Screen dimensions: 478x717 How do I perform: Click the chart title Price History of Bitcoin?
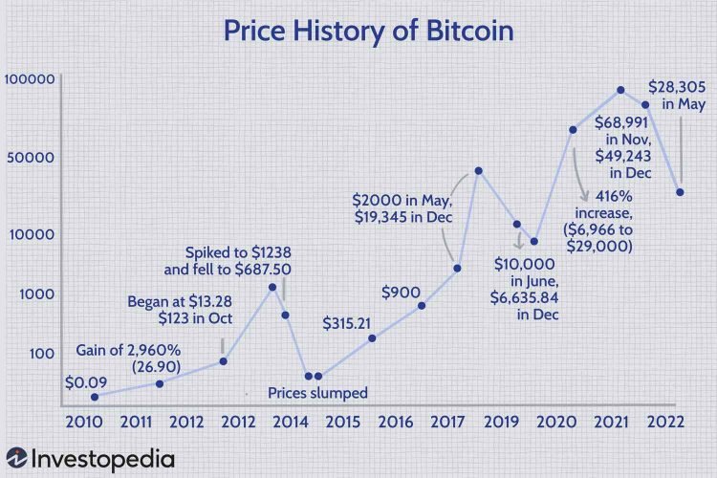[x=368, y=31]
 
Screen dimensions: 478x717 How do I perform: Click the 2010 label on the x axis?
[x=84, y=422]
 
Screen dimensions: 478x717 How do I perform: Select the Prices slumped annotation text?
[x=317, y=392]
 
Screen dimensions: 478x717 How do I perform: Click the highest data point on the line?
[x=620, y=90]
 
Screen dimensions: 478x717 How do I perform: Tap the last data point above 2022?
[x=679, y=192]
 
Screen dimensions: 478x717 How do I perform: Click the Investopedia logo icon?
[x=16, y=460]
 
